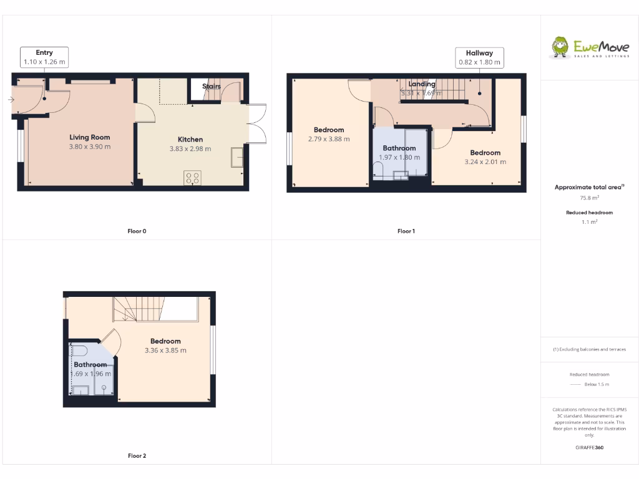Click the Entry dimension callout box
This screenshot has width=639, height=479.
click(44, 57)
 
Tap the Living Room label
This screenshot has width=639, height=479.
click(90, 137)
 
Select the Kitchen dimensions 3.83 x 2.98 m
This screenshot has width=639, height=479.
click(190, 149)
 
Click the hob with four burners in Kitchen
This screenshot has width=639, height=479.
click(192, 178)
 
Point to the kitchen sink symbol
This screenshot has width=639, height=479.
click(238, 157)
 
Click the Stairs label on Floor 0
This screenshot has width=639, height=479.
click(212, 86)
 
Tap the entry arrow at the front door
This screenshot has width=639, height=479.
click(12, 100)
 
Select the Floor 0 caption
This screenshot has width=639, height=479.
click(137, 231)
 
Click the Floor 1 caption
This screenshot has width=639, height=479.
click(406, 231)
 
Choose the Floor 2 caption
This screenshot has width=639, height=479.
click(137, 456)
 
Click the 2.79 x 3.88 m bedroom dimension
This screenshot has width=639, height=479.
click(329, 139)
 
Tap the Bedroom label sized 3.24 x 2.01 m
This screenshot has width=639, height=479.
click(485, 153)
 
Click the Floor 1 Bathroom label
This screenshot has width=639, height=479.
click(399, 148)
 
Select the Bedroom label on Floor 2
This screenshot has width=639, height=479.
click(165, 341)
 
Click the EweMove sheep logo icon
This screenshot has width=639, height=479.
click(560, 47)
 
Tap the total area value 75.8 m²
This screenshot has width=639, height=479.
click(589, 198)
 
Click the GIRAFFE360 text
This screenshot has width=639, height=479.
click(589, 448)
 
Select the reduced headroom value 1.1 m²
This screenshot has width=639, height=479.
click(589, 222)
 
